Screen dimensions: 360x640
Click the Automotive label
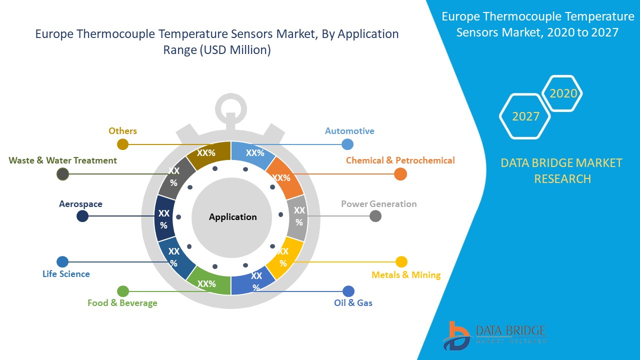tap(349, 131)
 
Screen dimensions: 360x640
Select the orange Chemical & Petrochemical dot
tap(400, 174)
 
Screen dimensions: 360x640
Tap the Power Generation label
tap(378, 204)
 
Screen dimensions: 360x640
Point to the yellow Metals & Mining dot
tap(401, 262)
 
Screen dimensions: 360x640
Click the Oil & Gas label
tap(353, 302)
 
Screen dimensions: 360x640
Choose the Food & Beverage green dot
tap(123, 291)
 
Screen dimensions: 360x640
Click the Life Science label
tap(66, 274)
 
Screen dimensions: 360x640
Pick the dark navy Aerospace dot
tap(82, 216)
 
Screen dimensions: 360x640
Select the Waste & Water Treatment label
tap(63, 160)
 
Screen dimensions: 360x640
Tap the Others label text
tap(122, 131)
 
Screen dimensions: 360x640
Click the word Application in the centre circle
tap(232, 217)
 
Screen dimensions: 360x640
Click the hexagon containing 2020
tap(563, 93)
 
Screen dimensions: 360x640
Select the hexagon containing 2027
tap(525, 116)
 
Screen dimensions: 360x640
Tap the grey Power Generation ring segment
tap(298, 216)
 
